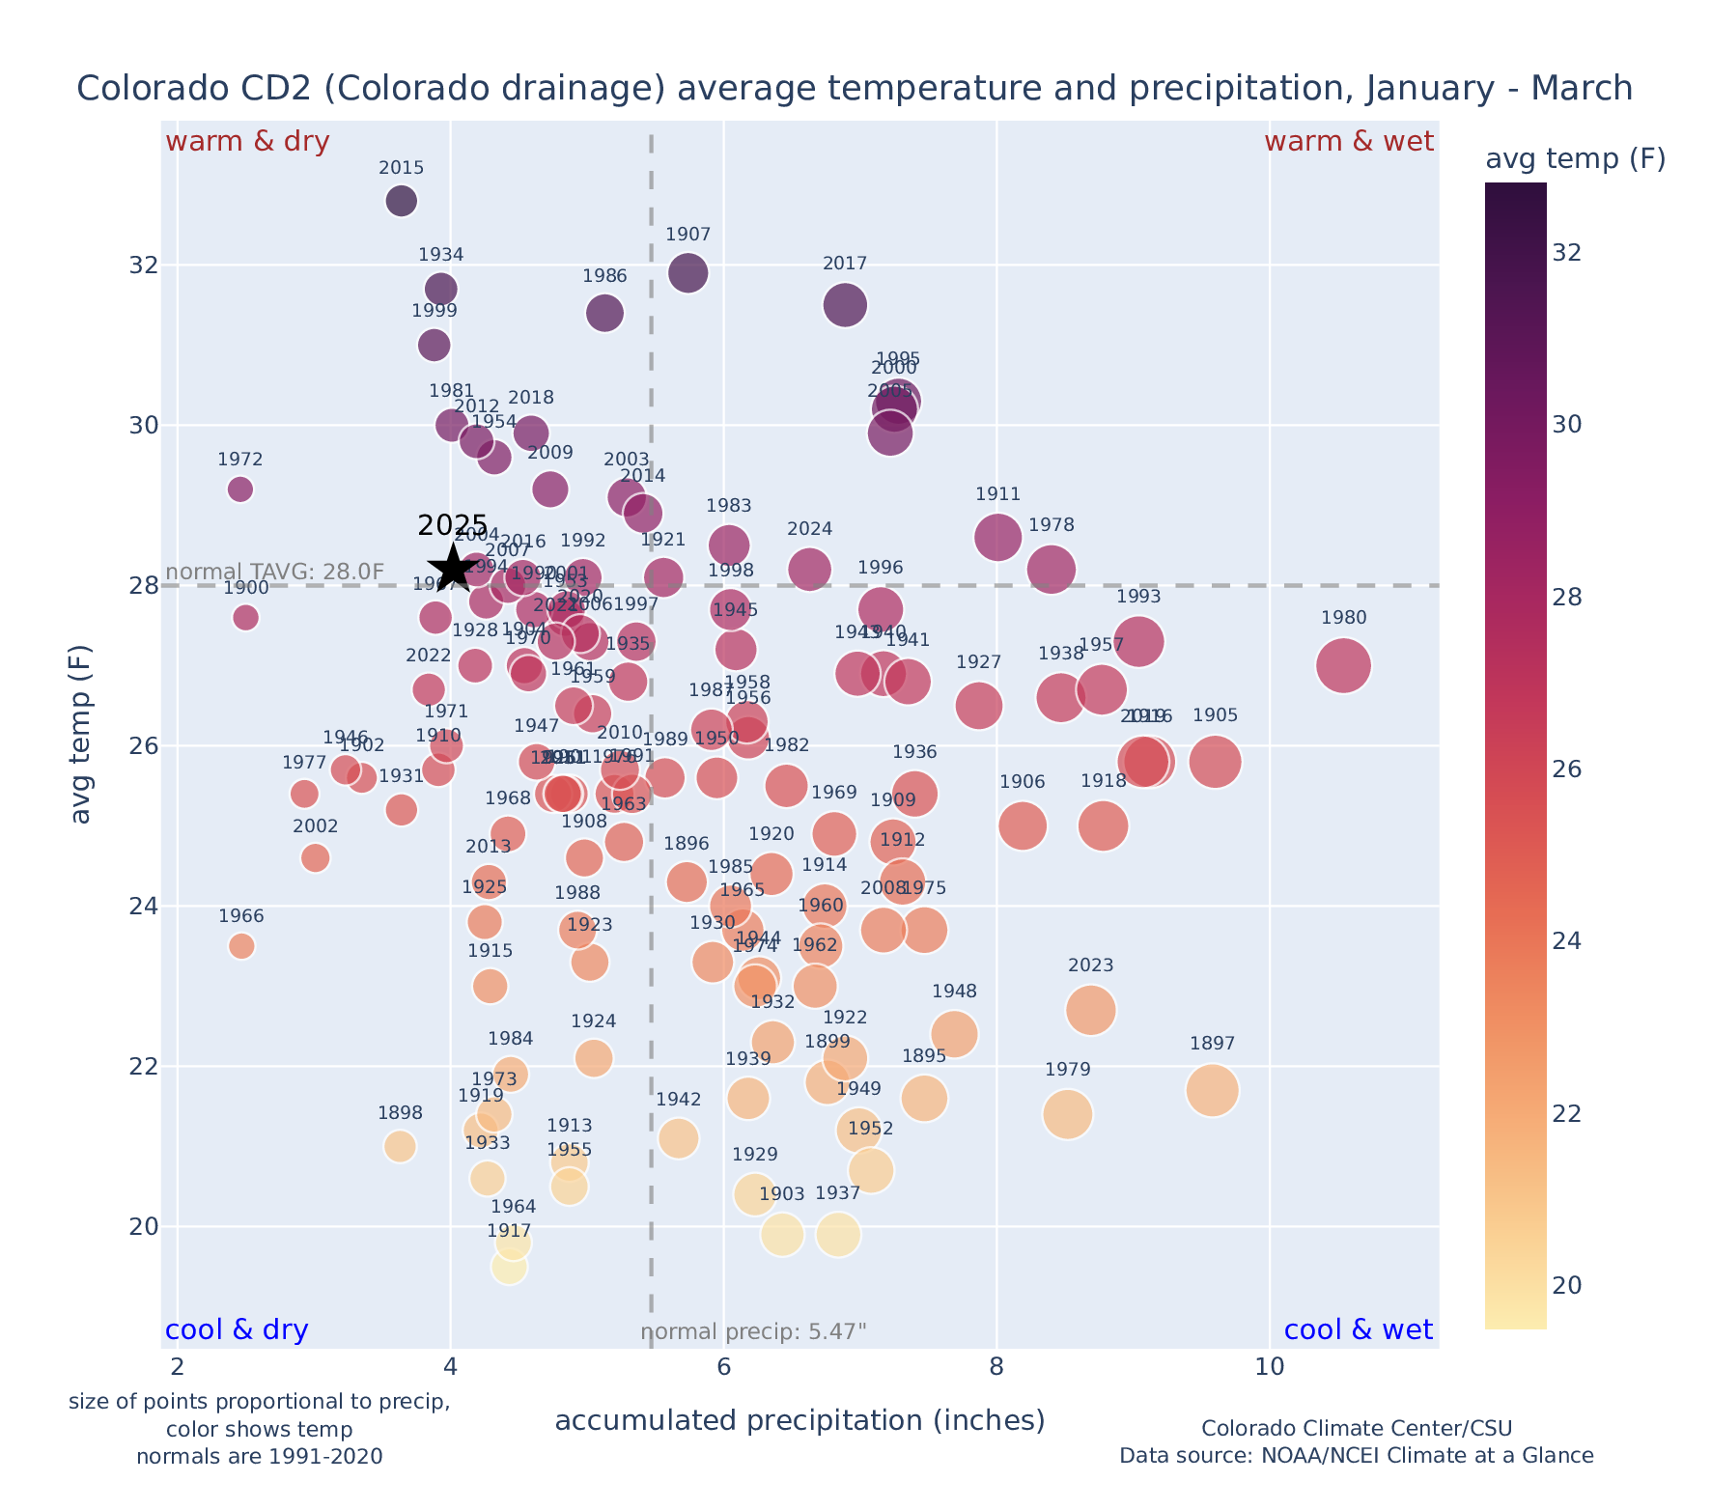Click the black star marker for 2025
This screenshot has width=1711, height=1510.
(452, 569)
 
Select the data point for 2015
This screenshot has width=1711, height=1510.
(402, 201)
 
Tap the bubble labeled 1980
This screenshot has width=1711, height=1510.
(1343, 666)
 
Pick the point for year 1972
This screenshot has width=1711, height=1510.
(240, 489)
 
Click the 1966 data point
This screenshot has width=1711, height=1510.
(241, 946)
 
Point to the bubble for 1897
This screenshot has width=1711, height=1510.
(1213, 1090)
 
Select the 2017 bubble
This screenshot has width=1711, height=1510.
(845, 305)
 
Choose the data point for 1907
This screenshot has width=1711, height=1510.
(688, 273)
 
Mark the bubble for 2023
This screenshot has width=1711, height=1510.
(1091, 1011)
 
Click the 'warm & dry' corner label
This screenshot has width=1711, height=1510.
(248, 142)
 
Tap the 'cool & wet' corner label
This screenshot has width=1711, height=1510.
(1359, 1330)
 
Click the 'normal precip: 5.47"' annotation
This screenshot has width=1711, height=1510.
(753, 1332)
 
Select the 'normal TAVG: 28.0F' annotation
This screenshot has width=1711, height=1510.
(275, 572)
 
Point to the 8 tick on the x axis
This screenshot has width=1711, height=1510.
(996, 1368)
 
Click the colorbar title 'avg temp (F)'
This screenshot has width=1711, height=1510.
(1575, 159)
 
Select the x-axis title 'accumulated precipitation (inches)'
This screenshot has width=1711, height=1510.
(799, 1421)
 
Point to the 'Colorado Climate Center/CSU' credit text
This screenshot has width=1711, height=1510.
(1357, 1429)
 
